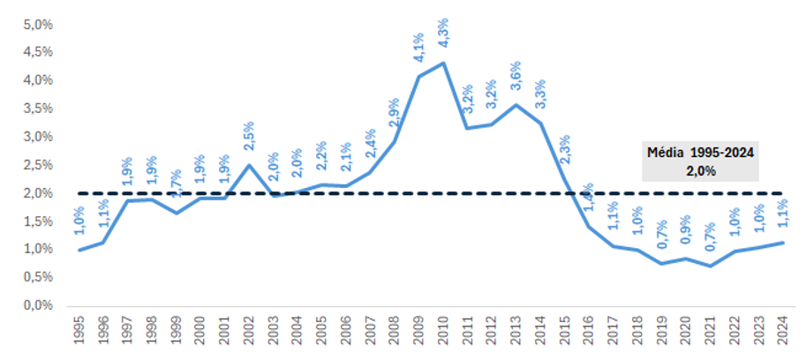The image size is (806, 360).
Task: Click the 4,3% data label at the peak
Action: click(442, 33)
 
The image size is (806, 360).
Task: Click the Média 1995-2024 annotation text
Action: click(700, 152)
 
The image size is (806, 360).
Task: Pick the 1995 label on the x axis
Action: click(81, 332)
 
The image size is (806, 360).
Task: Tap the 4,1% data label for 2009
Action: click(418, 47)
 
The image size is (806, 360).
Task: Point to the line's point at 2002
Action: click(250, 165)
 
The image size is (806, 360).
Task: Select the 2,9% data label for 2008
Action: click(395, 114)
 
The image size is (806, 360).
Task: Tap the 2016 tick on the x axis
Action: click(588, 332)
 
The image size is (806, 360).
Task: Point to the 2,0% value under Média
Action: click(700, 169)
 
